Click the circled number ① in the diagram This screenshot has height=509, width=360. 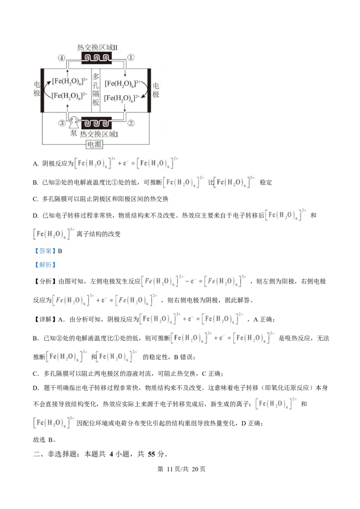[130, 58]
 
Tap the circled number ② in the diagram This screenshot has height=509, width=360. [130, 123]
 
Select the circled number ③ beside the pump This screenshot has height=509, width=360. [62, 123]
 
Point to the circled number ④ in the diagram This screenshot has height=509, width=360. [62, 58]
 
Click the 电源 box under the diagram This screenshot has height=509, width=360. [94, 144]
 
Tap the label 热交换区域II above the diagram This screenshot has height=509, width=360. [97, 47]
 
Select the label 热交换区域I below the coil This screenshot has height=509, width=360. [99, 134]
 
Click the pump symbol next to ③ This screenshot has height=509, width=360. [74, 122]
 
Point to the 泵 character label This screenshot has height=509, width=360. [74, 133]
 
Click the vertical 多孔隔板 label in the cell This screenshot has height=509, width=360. [95, 89]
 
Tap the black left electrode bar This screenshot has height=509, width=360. [42, 90]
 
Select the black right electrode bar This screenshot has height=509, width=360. [149, 90]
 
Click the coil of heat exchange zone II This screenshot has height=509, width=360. [96, 58]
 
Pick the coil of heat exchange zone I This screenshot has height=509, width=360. [96, 123]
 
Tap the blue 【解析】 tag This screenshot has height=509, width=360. [45, 265]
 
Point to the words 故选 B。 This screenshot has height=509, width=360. [45, 440]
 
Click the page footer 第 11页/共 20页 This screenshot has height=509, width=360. [181, 469]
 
